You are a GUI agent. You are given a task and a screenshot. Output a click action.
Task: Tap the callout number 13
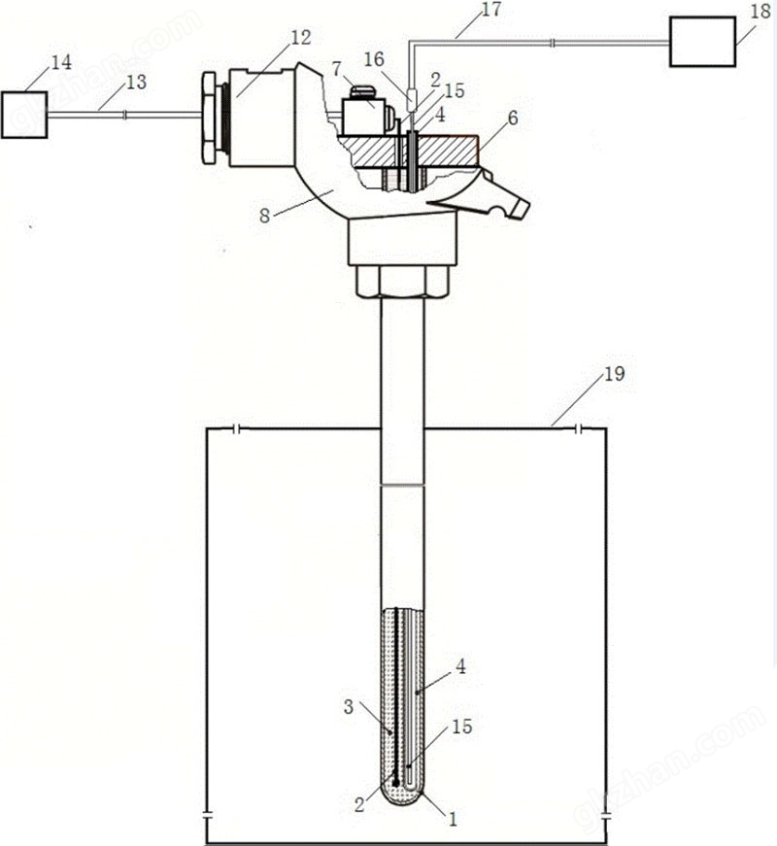(136, 83)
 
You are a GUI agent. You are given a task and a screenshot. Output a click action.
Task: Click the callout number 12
(301, 38)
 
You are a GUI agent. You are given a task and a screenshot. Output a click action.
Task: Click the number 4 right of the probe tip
(461, 668)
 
